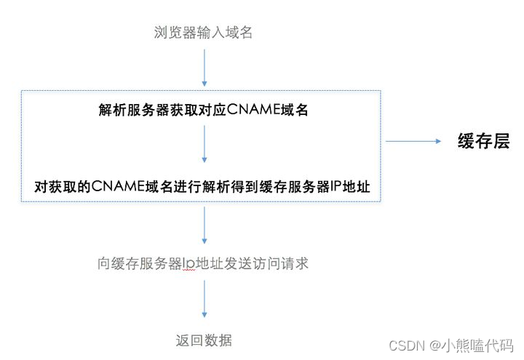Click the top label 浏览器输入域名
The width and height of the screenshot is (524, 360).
pyautogui.click(x=204, y=33)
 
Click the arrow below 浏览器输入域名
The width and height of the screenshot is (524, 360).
pyautogui.click(x=204, y=67)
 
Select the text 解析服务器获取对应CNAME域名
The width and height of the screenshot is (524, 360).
pyautogui.click(x=204, y=110)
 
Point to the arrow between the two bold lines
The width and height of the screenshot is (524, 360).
pyautogui.click(x=204, y=144)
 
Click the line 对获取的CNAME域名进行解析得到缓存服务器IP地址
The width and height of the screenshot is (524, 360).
pyautogui.click(x=203, y=187)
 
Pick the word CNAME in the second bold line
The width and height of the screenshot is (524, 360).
pyautogui.click(x=119, y=187)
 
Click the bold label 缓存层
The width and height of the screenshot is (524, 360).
pyautogui.click(x=483, y=141)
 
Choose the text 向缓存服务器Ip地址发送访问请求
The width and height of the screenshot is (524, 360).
pyautogui.click(x=203, y=263)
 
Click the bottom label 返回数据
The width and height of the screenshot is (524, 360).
pyautogui.click(x=204, y=340)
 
